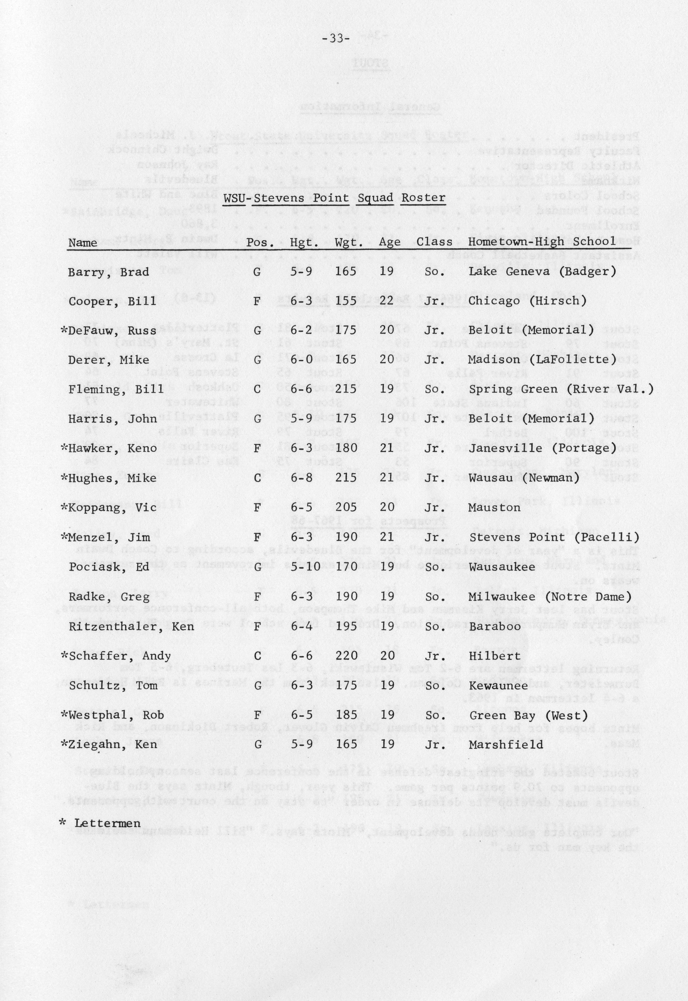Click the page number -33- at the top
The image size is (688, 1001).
click(335, 39)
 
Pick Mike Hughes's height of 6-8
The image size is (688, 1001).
click(301, 478)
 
